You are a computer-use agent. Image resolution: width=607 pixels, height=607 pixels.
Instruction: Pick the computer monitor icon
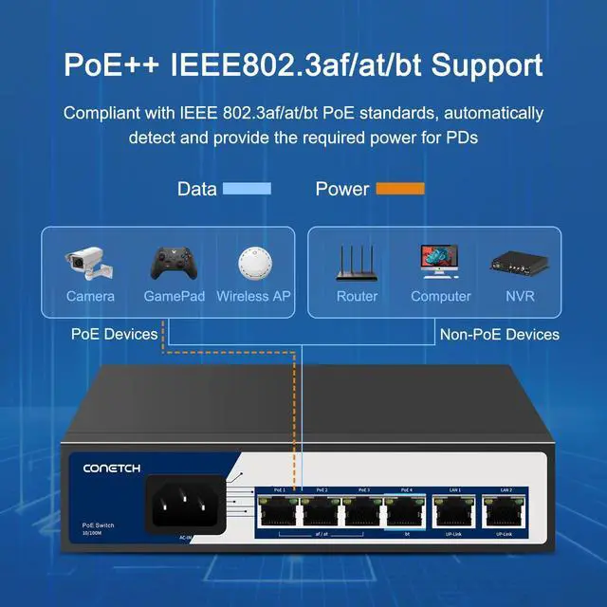pyautogui.click(x=440, y=262)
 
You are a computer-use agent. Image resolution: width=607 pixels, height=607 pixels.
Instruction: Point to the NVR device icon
pyautogui.click(x=519, y=263)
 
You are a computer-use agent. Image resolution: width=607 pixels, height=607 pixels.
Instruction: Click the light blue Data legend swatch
pyautogui.click(x=247, y=189)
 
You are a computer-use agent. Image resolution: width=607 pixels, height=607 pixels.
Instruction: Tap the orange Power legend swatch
pyautogui.click(x=400, y=189)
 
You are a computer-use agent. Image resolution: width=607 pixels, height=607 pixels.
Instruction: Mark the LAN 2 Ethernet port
pyautogui.click(x=505, y=512)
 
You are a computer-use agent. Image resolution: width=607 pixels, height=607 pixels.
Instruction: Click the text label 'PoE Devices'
pyautogui.click(x=114, y=334)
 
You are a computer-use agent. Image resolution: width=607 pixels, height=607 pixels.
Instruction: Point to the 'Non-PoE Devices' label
pyautogui.click(x=499, y=334)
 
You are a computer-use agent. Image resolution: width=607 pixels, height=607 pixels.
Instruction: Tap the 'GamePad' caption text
pyautogui.click(x=174, y=296)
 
